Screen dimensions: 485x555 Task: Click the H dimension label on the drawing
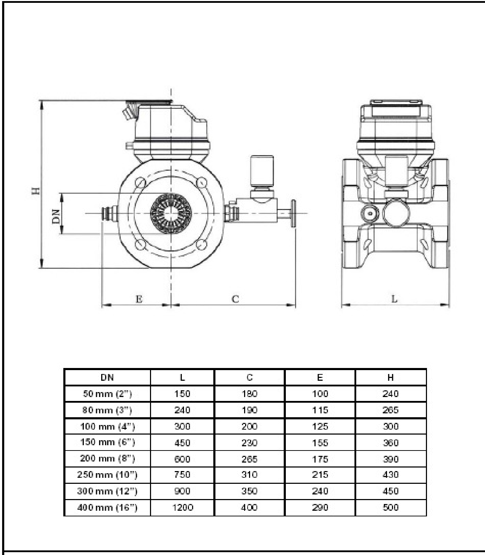[36, 191]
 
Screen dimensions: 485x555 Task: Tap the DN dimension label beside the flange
[56, 216]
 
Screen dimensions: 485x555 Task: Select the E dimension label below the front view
[139, 299]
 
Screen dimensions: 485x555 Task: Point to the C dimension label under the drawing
[235, 299]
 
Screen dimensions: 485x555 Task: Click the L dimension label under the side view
[394, 299]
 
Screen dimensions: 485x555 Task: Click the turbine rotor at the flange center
[171, 213]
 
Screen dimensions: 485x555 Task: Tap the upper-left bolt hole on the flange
[141, 183]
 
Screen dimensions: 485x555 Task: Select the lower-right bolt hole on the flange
[201, 244]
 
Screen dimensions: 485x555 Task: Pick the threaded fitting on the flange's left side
[109, 213]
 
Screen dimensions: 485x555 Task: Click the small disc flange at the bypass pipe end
[293, 213]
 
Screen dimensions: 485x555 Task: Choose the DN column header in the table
[107, 378]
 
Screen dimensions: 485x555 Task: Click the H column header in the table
[391, 378]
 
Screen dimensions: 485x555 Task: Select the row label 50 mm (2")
[107, 394]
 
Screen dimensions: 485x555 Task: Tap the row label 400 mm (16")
[107, 508]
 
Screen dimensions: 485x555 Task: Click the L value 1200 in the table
[183, 508]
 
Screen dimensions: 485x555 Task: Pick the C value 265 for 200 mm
[249, 459]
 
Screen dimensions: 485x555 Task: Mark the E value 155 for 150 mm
[320, 443]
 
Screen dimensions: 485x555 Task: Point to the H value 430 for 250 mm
[391, 475]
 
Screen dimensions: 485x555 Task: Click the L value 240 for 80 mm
[183, 410]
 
